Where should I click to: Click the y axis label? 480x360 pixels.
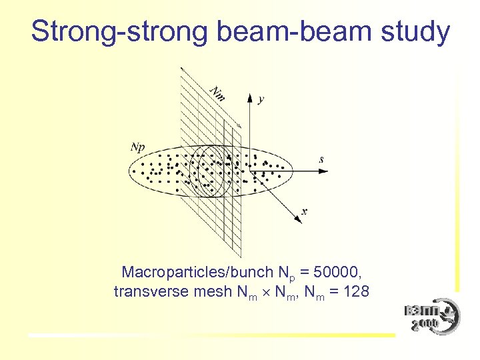point(261,99)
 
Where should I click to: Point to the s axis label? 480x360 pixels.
point(321,159)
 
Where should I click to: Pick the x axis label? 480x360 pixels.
point(304,211)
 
